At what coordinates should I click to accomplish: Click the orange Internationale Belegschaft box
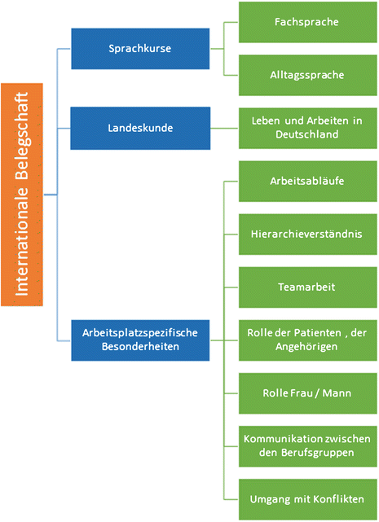pos(22,195)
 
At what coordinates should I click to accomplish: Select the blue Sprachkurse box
pos(140,49)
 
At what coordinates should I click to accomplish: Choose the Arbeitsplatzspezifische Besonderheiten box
pos(140,339)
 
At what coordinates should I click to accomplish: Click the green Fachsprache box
pos(306,22)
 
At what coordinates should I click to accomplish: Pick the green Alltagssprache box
pos(306,75)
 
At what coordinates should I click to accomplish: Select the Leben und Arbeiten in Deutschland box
pos(306,127)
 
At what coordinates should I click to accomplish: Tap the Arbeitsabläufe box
pos(306,180)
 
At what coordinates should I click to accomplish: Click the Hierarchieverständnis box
pos(306,233)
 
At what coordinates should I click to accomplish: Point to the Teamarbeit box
pos(306,287)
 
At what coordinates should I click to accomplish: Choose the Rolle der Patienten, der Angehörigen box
pos(306,339)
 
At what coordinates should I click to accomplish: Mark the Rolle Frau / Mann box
pos(306,393)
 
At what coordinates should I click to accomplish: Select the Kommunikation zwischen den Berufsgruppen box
pos(306,445)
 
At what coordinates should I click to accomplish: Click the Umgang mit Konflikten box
pos(306,498)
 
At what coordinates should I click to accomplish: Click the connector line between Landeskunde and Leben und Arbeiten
pos(224,127)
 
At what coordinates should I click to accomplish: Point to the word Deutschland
pos(306,134)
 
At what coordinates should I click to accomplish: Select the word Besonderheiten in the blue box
pos(140,346)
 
